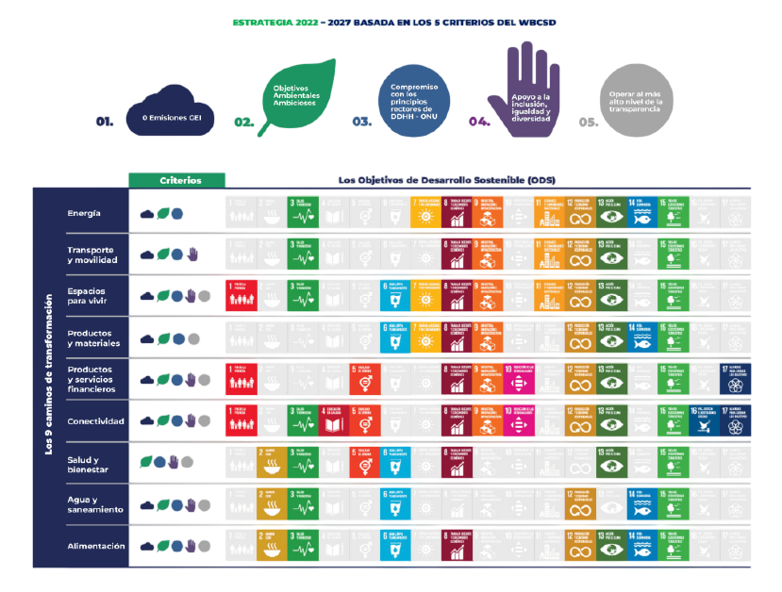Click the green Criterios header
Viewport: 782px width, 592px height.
(178, 180)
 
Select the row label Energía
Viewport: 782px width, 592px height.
(85, 213)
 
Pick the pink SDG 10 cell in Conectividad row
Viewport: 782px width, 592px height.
(519, 420)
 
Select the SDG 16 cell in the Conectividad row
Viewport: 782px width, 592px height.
(705, 420)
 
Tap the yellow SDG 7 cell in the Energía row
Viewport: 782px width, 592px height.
(426, 213)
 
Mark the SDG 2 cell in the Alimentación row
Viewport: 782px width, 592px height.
(272, 546)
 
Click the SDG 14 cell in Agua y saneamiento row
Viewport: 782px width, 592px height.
(642, 504)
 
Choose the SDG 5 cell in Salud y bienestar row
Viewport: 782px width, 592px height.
(364, 462)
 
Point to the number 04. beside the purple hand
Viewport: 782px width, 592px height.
(479, 122)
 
